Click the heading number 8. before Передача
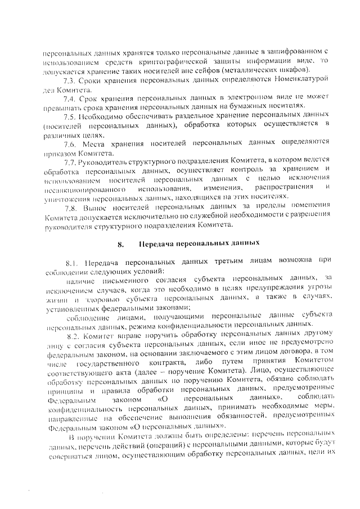120,244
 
